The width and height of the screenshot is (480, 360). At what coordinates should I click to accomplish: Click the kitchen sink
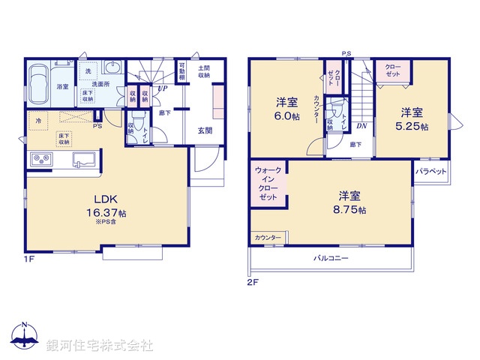click(82, 160)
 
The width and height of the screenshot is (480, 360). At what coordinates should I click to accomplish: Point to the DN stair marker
click(361, 125)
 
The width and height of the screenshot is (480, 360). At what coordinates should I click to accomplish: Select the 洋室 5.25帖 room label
click(412, 119)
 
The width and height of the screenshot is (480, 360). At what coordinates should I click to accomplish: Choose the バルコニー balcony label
click(331, 258)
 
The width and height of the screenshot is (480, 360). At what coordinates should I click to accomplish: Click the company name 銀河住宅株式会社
click(100, 346)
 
